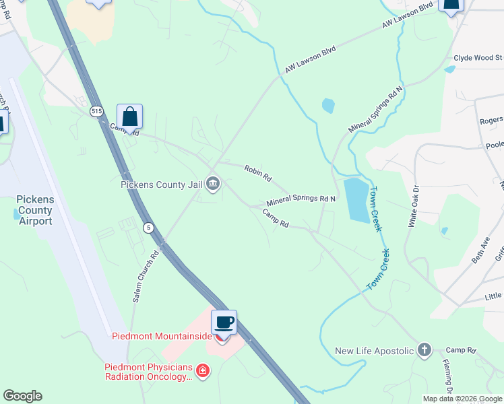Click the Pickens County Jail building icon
(x=213, y=183)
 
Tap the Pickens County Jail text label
(x=162, y=184)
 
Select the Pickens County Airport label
(x=34, y=211)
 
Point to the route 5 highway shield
(x=148, y=228)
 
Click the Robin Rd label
(x=258, y=174)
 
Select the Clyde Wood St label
(x=478, y=59)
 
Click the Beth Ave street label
(x=480, y=250)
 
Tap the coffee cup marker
(x=224, y=323)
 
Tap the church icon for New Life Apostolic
(x=424, y=349)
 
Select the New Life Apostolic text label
(x=373, y=351)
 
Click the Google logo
(x=22, y=396)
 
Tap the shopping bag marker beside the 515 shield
(x=129, y=117)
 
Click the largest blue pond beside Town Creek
(x=356, y=201)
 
